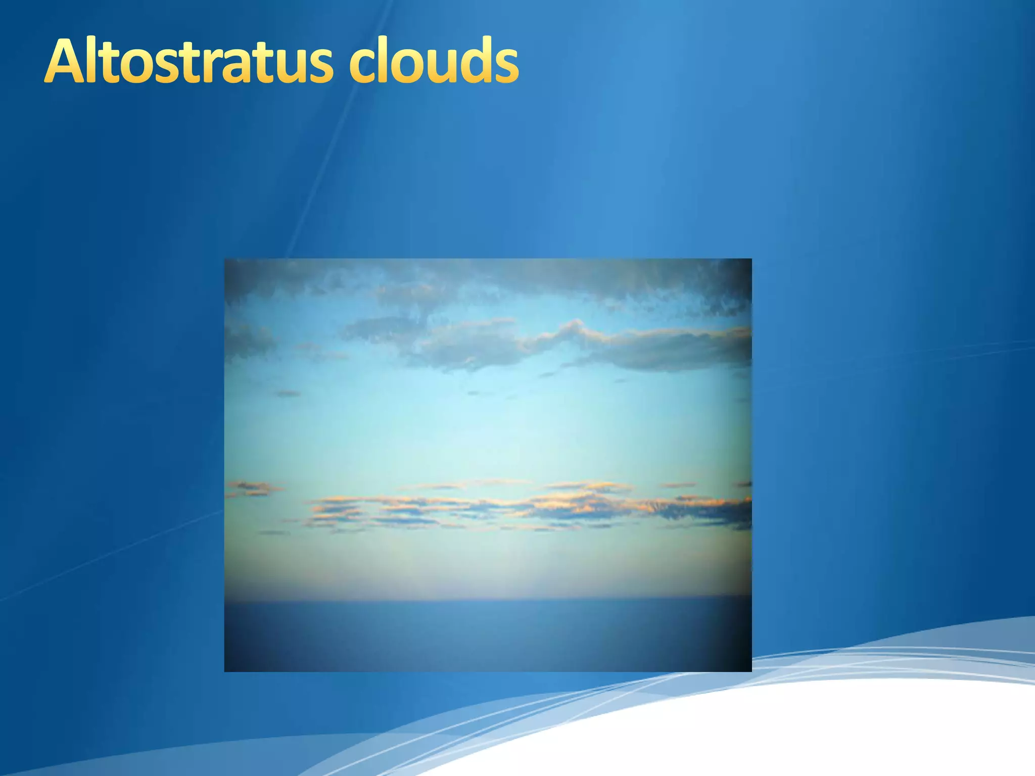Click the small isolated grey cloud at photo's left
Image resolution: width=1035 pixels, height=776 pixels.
click(288, 393)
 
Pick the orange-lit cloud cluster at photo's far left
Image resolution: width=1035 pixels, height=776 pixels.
click(253, 488)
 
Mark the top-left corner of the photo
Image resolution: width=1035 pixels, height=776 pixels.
click(225, 259)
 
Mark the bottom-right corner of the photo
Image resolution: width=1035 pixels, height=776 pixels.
click(751, 671)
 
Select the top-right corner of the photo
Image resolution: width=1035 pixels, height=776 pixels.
click(751, 259)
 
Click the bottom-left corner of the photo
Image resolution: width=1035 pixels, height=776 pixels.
click(225, 671)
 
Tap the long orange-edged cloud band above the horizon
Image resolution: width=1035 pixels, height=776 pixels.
click(531, 508)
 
